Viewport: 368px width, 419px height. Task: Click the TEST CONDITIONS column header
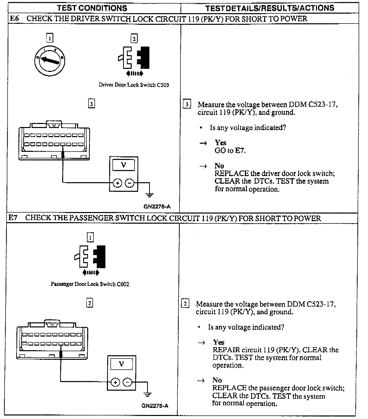point(92,8)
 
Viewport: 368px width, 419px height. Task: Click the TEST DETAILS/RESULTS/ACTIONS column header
point(270,8)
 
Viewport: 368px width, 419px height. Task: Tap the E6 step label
point(14,18)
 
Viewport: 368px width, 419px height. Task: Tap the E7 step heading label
point(13,218)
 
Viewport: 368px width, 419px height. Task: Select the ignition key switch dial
point(50,60)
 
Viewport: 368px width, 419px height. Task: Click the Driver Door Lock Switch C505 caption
point(134,85)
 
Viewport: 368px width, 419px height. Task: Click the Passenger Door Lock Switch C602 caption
point(90,284)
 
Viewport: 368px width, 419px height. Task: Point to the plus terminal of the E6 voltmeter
point(117,183)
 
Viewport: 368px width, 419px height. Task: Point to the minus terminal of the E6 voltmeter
point(130,183)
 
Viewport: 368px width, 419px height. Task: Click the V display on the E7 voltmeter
point(122,364)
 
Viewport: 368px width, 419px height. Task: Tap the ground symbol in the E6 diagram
point(150,195)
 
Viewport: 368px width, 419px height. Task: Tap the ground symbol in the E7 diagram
point(148,394)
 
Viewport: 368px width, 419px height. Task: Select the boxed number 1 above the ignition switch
point(50,38)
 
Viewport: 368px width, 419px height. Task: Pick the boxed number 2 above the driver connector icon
point(134,39)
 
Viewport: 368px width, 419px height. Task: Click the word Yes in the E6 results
point(220,143)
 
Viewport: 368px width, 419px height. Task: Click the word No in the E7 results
point(217,380)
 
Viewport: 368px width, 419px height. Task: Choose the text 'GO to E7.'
point(230,151)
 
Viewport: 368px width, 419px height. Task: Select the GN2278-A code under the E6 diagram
point(157,206)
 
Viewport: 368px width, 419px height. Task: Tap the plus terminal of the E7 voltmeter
point(115,382)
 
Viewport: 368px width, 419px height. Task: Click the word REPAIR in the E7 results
point(226,350)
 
